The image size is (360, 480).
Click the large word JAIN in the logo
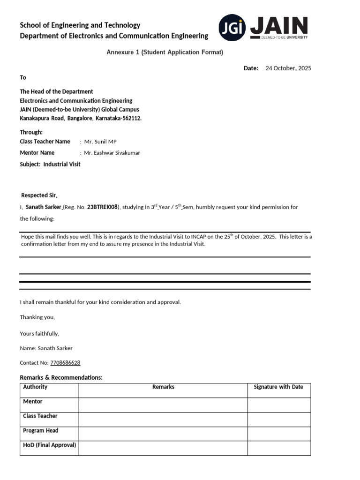tap(279, 26)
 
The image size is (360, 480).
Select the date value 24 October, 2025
tap(288, 68)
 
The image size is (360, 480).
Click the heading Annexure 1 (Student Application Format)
tap(165, 52)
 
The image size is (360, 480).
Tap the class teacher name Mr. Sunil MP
tap(98, 142)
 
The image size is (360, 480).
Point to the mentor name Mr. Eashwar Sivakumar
tap(112, 153)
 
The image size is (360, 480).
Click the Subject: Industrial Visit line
tap(50, 165)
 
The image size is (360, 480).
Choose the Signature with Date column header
tap(278, 387)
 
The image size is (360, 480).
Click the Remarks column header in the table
tap(163, 387)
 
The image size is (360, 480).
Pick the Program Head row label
tap(41, 430)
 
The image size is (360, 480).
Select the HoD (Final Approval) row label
tap(50, 445)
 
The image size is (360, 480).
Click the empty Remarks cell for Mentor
tap(163, 405)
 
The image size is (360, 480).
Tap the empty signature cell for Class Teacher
tap(279, 419)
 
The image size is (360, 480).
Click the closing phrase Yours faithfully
tap(39, 334)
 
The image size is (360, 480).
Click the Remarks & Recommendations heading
tap(61, 378)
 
